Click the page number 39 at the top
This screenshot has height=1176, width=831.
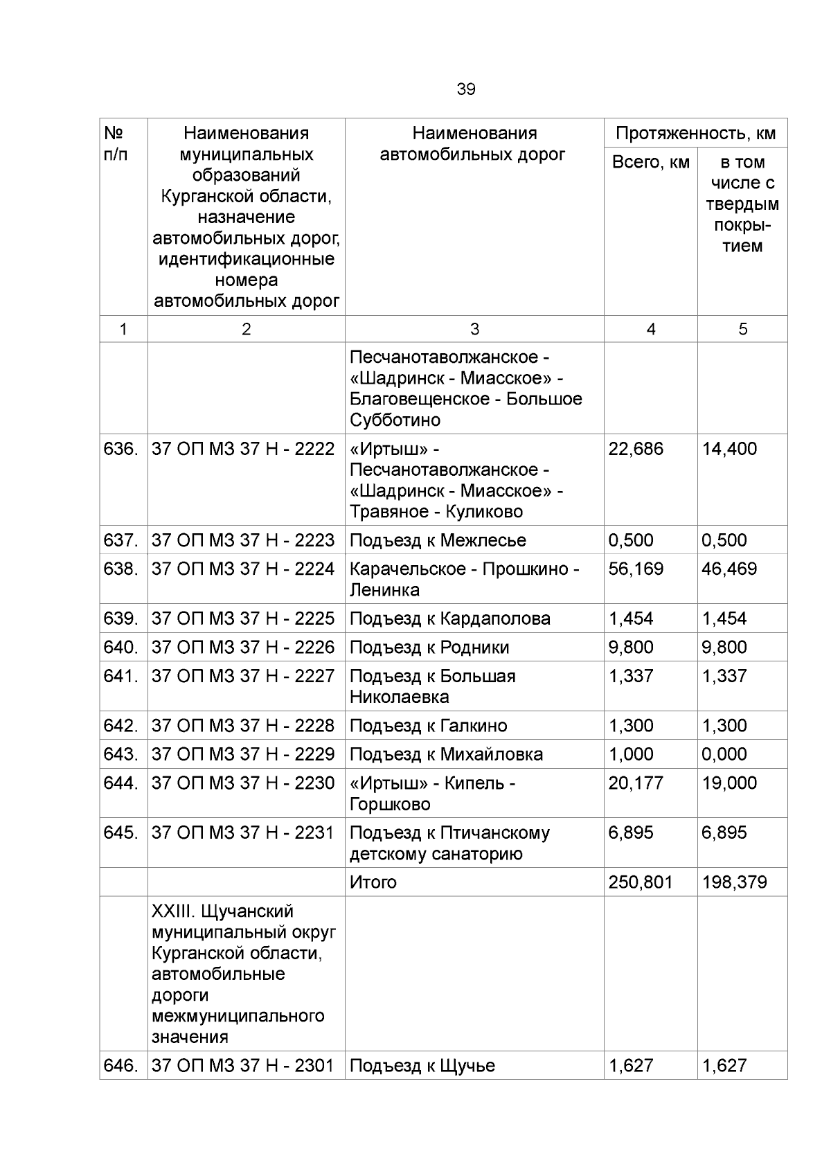pyautogui.click(x=465, y=89)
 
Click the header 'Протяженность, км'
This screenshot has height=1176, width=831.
pyautogui.click(x=695, y=133)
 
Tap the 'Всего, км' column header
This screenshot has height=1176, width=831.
pyautogui.click(x=650, y=162)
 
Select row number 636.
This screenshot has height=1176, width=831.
pyautogui.click(x=120, y=449)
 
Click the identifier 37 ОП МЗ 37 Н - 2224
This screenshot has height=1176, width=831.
pyautogui.click(x=242, y=569)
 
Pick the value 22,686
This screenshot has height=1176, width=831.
pyautogui.click(x=635, y=449)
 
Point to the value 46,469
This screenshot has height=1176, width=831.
pyautogui.click(x=729, y=569)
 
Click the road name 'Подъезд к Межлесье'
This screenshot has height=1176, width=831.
pyautogui.click(x=437, y=540)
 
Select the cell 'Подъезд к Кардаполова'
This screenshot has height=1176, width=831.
pyautogui.click(x=449, y=618)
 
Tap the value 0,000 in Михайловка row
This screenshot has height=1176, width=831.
pyautogui.click(x=724, y=754)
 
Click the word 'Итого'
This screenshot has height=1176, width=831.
pyautogui.click(x=373, y=882)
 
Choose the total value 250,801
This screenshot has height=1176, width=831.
pyautogui.click(x=640, y=882)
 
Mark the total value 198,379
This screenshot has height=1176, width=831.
pyautogui.click(x=734, y=882)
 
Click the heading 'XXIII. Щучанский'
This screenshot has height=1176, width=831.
pyautogui.click(x=222, y=911)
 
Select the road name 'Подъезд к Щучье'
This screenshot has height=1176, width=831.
pyautogui.click(x=422, y=1066)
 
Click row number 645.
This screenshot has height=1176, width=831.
pyautogui.click(x=120, y=832)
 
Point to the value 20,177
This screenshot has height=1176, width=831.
pyautogui.click(x=635, y=783)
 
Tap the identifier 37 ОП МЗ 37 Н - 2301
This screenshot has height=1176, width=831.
pyautogui.click(x=242, y=1066)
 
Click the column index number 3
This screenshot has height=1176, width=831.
pyautogui.click(x=474, y=330)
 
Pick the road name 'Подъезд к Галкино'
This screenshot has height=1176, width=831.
pyautogui.click(x=428, y=726)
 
